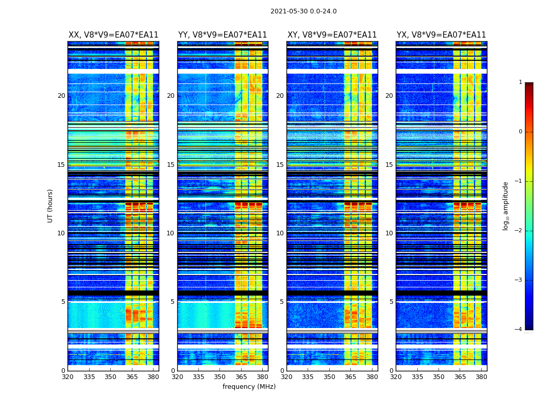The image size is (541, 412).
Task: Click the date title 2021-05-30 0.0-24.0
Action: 303,11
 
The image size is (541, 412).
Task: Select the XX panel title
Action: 113,35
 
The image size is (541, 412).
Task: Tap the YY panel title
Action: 223,35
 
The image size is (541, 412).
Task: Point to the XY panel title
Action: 332,35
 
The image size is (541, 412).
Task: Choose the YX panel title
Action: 441,35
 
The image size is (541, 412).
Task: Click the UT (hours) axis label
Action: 50,205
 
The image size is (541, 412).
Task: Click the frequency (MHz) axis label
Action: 249,387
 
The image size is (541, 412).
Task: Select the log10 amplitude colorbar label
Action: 506,205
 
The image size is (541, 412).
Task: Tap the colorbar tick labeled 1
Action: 520,82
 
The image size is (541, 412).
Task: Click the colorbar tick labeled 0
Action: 520,132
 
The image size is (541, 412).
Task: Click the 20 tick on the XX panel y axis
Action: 61,96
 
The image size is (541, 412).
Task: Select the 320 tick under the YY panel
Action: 177,376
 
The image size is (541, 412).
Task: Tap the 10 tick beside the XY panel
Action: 280,233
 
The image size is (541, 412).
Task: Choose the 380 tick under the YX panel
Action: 481,376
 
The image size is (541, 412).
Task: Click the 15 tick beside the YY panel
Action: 171,165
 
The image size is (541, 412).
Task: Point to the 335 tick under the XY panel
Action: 308,376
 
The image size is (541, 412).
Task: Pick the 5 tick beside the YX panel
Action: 391,302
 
